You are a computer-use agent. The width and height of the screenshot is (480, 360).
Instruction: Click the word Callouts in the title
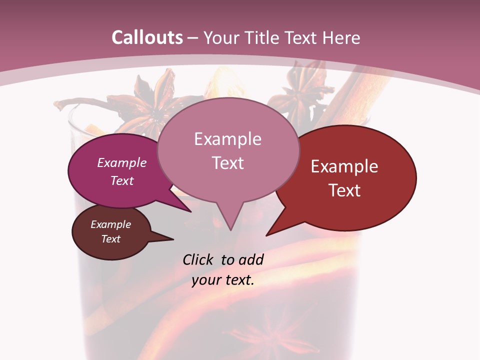pos(147,37)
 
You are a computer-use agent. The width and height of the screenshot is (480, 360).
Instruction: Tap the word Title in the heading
pos(262,37)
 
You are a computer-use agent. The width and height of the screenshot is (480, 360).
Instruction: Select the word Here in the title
pos(342,37)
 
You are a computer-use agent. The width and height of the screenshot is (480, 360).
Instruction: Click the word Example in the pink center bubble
pos(227,139)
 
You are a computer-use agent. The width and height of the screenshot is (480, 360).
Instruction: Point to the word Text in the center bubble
pos(228,163)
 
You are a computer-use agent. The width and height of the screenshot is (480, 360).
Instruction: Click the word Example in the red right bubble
pos(344,166)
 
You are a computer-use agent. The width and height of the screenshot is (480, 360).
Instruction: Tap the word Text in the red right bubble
pos(345,190)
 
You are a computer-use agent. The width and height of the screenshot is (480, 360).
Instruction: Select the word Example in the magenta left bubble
pos(122,162)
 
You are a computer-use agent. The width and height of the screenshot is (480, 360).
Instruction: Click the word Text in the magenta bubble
pos(122,180)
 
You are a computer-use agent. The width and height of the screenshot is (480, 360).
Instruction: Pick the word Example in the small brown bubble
pos(111,224)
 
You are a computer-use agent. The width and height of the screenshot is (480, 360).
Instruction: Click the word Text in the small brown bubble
pos(111,239)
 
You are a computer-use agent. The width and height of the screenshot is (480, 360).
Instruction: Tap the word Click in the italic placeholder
pos(199,259)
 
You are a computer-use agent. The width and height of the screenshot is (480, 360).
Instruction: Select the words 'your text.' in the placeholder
pos(223,280)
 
